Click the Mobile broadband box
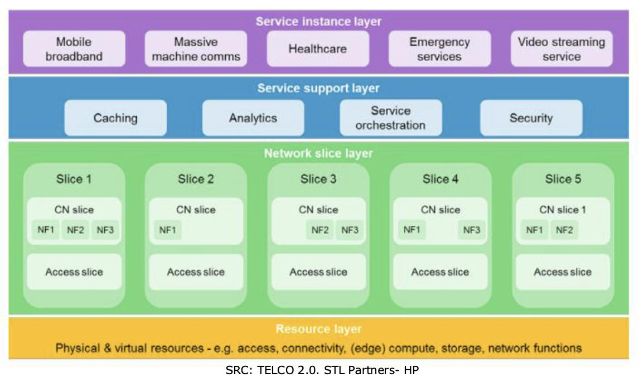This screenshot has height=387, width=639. pos(74,49)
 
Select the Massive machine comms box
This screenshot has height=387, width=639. pos(196,49)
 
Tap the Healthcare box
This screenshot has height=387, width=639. pos(318,49)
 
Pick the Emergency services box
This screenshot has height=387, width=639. pos(440,49)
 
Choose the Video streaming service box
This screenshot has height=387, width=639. pos(561,49)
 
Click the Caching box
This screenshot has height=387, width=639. pos(116,118)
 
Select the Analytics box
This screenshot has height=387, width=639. pos(253,118)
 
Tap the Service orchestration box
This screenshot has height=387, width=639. pos(391,118)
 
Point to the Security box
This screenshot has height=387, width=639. pos(531,118)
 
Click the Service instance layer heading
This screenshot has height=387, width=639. pos(319,21)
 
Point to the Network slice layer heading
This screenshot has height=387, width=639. pos(319,153)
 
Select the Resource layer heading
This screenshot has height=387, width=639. pos(319,329)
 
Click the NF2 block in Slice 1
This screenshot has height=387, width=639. pos(75,230)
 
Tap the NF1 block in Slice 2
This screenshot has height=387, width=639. pos(167,230)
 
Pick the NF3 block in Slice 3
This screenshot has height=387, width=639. pos(350,230)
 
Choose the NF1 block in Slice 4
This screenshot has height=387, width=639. pos(412,230)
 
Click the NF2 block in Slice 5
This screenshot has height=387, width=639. pos(564,230)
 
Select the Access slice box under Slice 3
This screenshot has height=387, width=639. pos(319,272)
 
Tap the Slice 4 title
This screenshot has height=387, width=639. pos(440,179)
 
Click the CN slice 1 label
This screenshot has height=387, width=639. pos(563,210)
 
